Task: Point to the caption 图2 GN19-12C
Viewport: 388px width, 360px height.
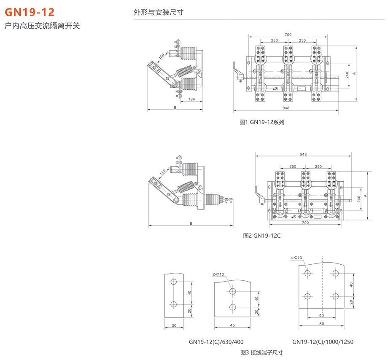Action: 262,236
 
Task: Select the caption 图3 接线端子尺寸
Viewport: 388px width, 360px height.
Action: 261,352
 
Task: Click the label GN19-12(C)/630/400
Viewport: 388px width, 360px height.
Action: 216,341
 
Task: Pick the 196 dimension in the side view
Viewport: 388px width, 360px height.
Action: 191,99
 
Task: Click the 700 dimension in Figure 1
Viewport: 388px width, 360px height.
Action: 288,35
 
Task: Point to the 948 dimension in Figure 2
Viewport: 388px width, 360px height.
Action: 303,155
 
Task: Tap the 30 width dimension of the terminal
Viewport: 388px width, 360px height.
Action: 174,325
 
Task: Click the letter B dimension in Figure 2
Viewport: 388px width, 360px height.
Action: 191,223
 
